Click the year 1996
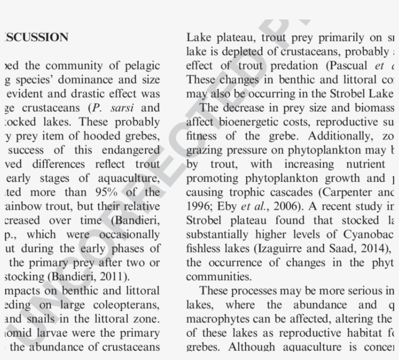tap(198, 207)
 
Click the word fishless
tap(203, 249)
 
